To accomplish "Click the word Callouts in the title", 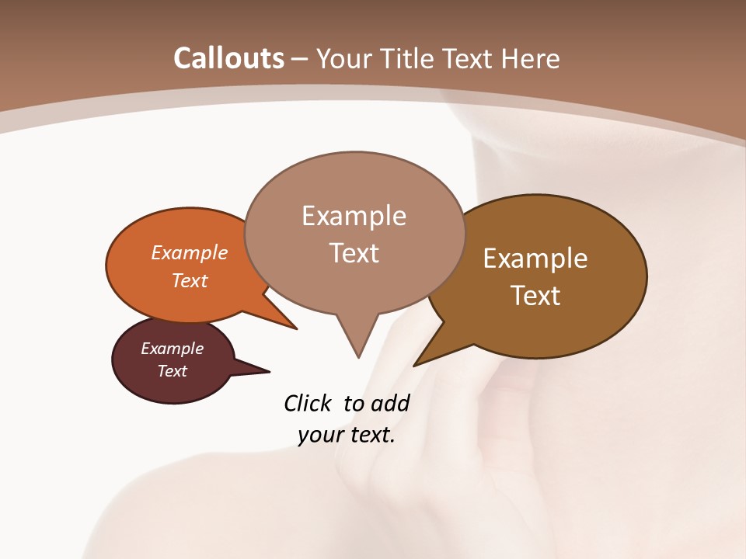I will click(228, 58).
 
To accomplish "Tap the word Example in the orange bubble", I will click(190, 252).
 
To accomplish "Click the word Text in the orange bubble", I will click(190, 280).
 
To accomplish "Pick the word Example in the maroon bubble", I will click(172, 349).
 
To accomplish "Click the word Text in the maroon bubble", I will click(172, 371).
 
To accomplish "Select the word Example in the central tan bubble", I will click(354, 216).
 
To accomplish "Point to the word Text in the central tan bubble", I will click(354, 253).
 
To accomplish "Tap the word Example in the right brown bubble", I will click(535, 259).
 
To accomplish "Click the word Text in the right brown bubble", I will click(535, 296).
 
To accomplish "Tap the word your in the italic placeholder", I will click(320, 435).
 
